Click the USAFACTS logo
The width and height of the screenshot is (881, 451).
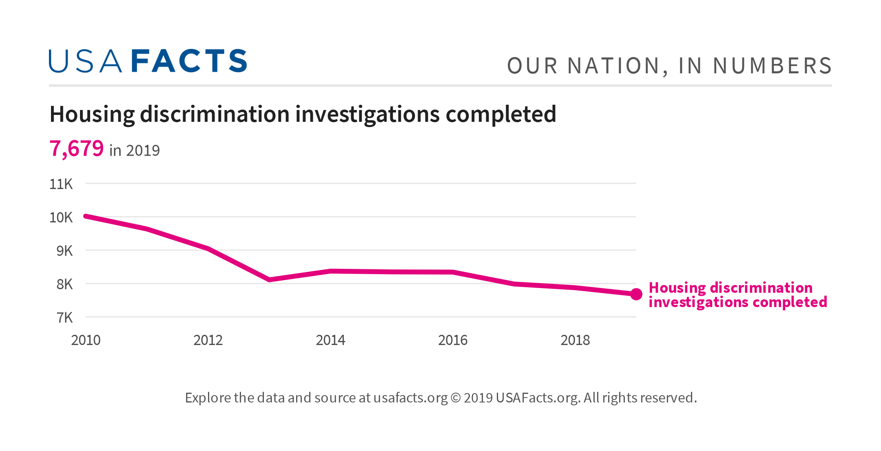point(148,61)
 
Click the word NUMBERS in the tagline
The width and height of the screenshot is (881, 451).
point(772,66)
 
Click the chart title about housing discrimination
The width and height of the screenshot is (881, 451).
point(303,114)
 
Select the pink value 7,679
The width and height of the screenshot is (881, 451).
point(76,148)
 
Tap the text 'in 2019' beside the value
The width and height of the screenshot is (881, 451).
point(135,151)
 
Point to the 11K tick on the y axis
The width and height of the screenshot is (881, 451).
point(61,184)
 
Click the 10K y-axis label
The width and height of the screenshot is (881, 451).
point(61,218)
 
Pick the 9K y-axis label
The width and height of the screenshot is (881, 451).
point(64,251)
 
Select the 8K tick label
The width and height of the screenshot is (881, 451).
point(64,284)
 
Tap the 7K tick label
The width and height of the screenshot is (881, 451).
point(64,318)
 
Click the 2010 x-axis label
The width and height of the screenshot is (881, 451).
point(86,340)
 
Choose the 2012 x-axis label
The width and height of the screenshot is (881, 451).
point(208,340)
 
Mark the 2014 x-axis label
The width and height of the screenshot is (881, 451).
point(330,340)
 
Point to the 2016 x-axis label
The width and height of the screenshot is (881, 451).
point(453,340)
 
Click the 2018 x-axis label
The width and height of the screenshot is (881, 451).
point(575,340)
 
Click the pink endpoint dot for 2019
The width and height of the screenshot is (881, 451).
point(636,294)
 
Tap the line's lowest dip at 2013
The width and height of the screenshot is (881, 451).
point(269,279)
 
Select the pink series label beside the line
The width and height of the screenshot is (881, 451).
point(737,295)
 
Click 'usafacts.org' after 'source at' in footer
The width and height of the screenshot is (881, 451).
point(410,398)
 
